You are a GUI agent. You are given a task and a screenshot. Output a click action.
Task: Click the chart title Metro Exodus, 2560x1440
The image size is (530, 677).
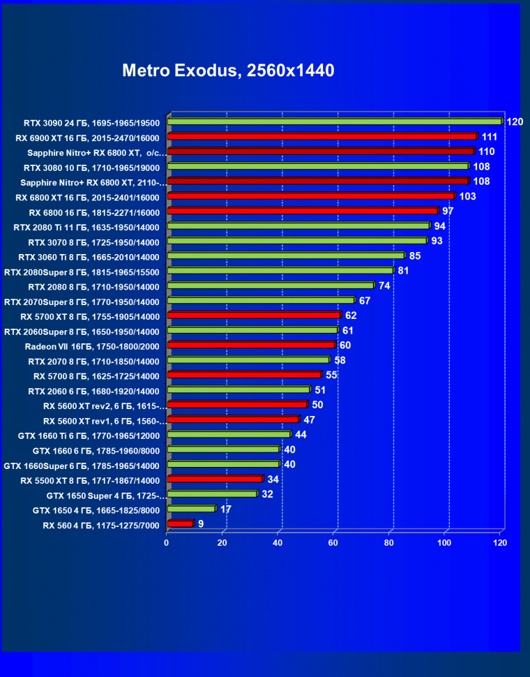click(x=228, y=70)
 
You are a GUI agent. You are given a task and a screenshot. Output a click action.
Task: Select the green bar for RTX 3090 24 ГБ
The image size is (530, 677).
click(x=334, y=121)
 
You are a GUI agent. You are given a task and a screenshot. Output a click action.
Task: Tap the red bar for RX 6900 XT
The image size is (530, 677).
click(x=321, y=137)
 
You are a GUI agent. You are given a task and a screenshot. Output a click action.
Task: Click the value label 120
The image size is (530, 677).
click(x=515, y=122)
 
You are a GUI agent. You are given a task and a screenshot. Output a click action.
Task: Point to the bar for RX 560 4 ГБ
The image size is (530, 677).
click(x=180, y=523)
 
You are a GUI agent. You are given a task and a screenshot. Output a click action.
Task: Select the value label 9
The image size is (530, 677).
click(x=201, y=523)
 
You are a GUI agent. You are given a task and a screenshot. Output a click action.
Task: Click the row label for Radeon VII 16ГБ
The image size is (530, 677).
click(x=92, y=346)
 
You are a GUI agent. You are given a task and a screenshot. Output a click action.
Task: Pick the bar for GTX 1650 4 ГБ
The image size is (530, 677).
click(x=191, y=509)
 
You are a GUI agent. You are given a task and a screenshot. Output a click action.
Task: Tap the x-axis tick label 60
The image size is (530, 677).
click(x=334, y=542)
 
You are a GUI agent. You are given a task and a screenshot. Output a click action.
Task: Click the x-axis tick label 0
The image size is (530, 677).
click(x=167, y=542)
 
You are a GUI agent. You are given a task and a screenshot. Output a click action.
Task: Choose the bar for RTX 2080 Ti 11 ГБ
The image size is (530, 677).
click(x=298, y=226)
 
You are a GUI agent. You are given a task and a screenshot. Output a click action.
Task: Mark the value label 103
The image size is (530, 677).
click(x=467, y=197)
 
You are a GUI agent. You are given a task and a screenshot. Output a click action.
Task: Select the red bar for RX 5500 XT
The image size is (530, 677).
click(x=215, y=479)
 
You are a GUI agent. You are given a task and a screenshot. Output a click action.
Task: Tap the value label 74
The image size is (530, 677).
click(x=384, y=285)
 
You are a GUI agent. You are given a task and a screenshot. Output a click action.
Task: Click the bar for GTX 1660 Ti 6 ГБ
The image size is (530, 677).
click(x=229, y=435)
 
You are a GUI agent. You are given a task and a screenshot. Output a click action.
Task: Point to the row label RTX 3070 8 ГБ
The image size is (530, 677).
click(x=93, y=242)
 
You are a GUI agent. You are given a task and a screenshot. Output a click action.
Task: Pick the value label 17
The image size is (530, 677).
click(x=226, y=509)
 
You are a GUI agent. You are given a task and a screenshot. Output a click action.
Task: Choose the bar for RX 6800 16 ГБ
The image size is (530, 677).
click(x=303, y=211)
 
